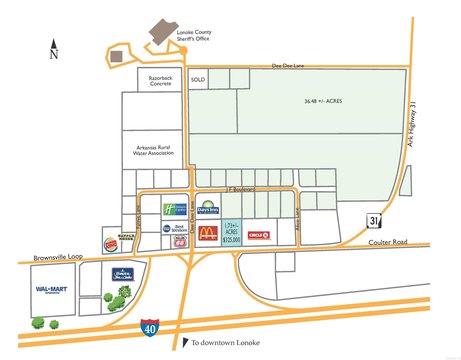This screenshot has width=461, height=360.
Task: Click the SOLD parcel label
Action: [198, 79]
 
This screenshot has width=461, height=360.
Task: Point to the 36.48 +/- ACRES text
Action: [325, 101]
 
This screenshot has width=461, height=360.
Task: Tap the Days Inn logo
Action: [206, 209]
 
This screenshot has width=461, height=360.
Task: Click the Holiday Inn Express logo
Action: [174, 209]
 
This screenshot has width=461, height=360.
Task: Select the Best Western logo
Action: [174, 230]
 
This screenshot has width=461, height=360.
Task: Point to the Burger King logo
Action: [112, 243]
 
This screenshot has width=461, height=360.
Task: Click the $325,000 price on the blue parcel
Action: [233, 239]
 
